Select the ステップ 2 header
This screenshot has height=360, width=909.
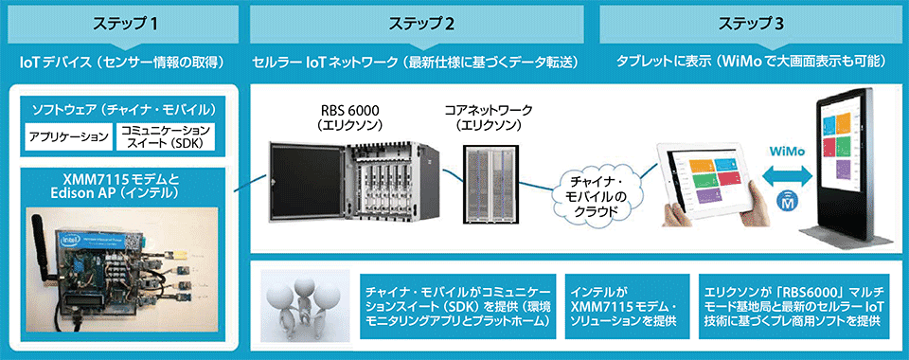coord(420,22)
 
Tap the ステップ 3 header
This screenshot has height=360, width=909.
coord(750,22)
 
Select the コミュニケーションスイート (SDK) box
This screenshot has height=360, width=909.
coord(165,137)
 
